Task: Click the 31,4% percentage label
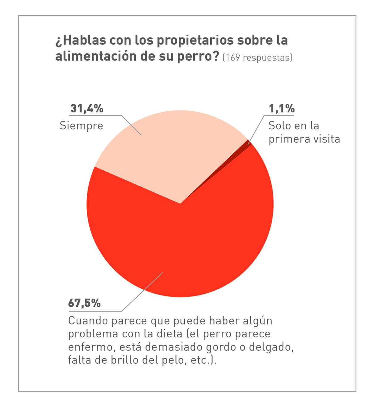click(87, 108)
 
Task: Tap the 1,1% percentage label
click(282, 108)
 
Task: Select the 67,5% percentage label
click(84, 303)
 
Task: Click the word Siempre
click(81, 126)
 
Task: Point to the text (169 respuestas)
click(257, 57)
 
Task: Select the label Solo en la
click(294, 125)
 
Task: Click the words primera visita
click(304, 139)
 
